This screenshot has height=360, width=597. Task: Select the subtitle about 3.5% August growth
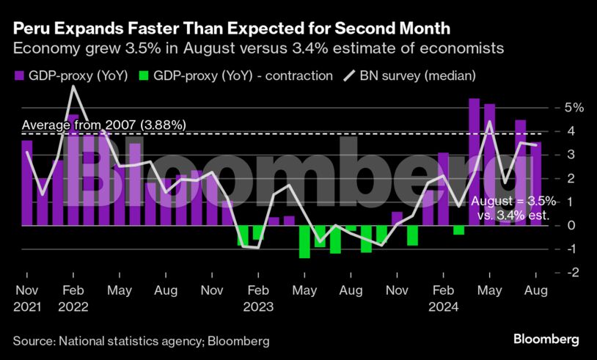click(x=257, y=49)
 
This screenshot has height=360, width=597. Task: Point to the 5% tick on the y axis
click(x=574, y=108)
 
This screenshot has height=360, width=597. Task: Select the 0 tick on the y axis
click(x=574, y=225)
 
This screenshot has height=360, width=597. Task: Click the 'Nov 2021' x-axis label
click(x=26, y=299)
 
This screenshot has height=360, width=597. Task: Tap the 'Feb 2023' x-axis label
click(x=257, y=299)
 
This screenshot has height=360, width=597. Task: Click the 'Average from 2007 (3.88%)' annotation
click(x=103, y=125)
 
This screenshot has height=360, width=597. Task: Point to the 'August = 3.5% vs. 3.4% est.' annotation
click(x=513, y=207)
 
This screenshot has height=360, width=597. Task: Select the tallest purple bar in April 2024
click(x=474, y=161)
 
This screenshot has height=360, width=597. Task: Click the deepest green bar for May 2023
click(x=304, y=241)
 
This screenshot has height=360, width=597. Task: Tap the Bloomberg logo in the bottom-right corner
click(x=546, y=339)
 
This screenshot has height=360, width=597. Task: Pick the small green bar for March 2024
click(x=458, y=229)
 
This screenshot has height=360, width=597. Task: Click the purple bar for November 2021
click(x=27, y=183)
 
